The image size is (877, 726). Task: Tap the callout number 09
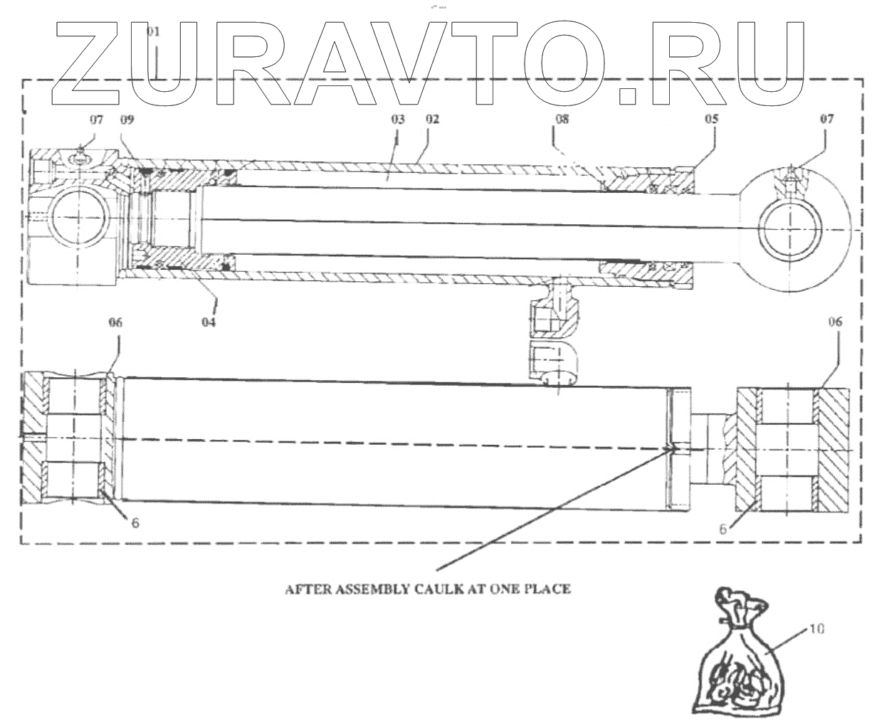127,120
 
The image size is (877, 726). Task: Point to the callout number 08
562,120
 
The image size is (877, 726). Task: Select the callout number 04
209,322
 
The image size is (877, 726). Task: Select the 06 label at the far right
835,322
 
